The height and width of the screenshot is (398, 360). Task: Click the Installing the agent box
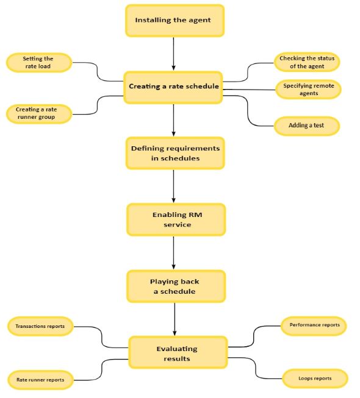[x=175, y=20]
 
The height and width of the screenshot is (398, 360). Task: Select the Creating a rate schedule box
[x=174, y=87]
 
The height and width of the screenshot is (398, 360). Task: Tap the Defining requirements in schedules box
[x=175, y=153]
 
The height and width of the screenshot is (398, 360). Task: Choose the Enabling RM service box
[x=176, y=219]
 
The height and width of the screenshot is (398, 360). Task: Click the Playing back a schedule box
[x=176, y=286]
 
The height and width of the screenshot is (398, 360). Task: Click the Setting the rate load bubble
[x=38, y=63]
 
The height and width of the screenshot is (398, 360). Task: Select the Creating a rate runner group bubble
[x=39, y=113]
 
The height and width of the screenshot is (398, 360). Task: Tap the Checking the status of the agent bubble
[x=306, y=62]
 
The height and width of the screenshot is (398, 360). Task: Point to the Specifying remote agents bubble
[x=308, y=90]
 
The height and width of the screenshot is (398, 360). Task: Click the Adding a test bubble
[x=307, y=126]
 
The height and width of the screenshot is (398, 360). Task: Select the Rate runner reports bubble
[x=40, y=380]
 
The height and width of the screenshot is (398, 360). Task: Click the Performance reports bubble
[x=315, y=325]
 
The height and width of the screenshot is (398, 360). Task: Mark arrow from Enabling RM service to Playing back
[x=175, y=253]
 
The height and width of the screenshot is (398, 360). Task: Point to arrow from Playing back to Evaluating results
[x=175, y=319]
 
